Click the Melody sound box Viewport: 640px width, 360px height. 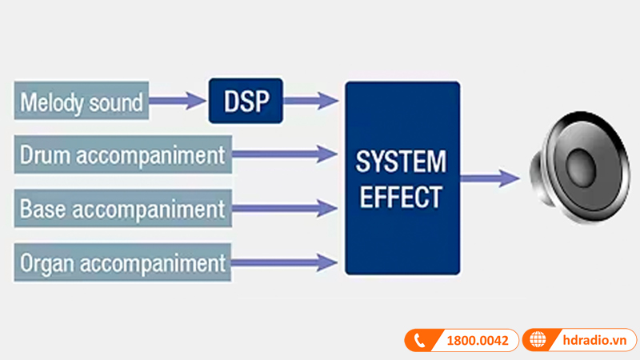pos(81,102)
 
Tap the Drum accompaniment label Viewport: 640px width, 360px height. pos(122,154)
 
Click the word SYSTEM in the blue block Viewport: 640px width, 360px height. pos(402,162)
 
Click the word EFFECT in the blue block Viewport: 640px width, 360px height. pos(402,197)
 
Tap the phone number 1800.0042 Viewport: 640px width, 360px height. pos(478,341)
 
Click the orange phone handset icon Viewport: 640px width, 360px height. pos(422,341)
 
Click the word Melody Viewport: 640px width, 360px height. pos(50,102)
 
